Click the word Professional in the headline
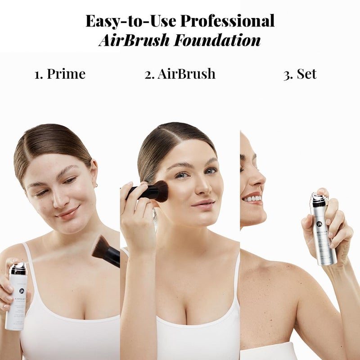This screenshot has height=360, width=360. [x=227, y=21]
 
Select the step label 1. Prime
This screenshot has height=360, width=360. [x=60, y=74]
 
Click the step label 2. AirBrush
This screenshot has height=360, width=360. [x=180, y=74]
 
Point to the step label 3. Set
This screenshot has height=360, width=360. [x=300, y=74]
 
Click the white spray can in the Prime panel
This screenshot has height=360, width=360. [x=17, y=297]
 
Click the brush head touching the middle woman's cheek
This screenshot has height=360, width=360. [x=159, y=191]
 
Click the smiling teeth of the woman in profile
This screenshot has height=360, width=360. [x=252, y=198]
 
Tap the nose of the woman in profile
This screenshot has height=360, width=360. [x=259, y=180]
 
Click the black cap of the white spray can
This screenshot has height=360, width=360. [x=18, y=268]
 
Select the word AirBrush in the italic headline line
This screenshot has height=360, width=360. [x=135, y=40]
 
